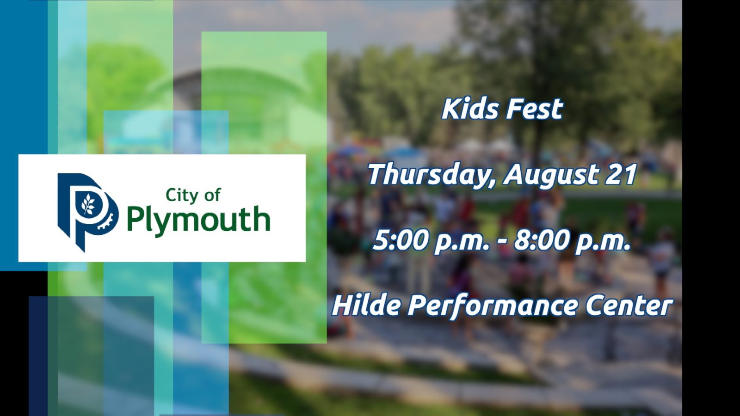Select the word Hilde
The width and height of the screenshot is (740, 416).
click(366, 305)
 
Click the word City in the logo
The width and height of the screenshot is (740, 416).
click(179, 196)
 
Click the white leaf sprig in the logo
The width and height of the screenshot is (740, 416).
click(88, 204)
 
